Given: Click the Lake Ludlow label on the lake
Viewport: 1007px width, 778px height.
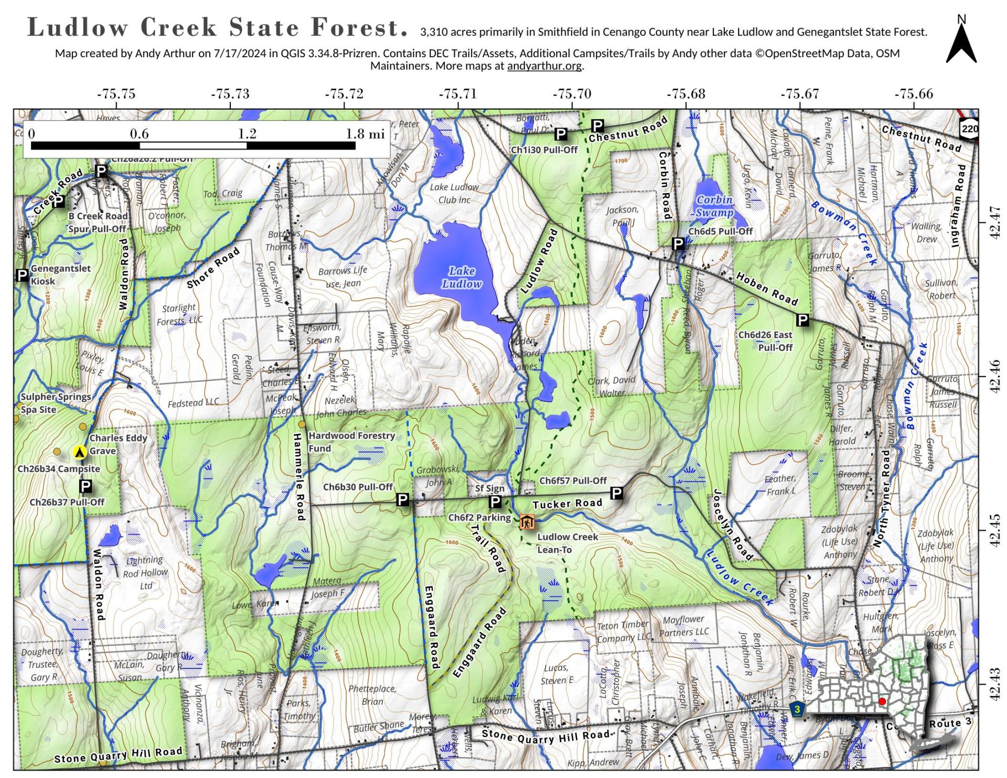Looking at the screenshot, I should click(462, 278).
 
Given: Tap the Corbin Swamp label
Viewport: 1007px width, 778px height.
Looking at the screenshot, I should click(714, 206).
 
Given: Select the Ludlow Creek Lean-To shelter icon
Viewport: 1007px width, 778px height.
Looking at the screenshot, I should click(527, 522).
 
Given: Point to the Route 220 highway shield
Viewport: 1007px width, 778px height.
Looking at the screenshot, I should click(970, 129).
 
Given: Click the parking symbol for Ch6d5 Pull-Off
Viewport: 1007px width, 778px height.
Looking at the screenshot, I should click(678, 243).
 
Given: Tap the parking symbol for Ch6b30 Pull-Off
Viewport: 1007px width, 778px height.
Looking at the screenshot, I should click(402, 500).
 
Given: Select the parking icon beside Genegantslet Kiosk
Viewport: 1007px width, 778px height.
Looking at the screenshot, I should click(22, 275).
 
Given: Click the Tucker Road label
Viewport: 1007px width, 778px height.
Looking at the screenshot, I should click(567, 504).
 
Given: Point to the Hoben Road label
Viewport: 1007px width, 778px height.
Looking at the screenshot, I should click(767, 289).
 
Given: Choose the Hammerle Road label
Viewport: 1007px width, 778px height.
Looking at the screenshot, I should click(299, 477).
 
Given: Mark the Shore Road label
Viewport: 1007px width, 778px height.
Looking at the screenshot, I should click(213, 268).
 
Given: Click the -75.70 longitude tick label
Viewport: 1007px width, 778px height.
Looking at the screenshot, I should click(572, 94).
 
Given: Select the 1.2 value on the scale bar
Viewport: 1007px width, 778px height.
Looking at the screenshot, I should click(247, 134).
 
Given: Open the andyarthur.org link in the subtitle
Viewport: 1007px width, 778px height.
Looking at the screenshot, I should click(544, 66).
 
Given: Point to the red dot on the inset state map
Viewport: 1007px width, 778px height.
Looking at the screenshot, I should click(882, 701).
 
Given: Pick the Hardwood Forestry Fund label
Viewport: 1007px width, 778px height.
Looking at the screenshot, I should click(351, 442).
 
